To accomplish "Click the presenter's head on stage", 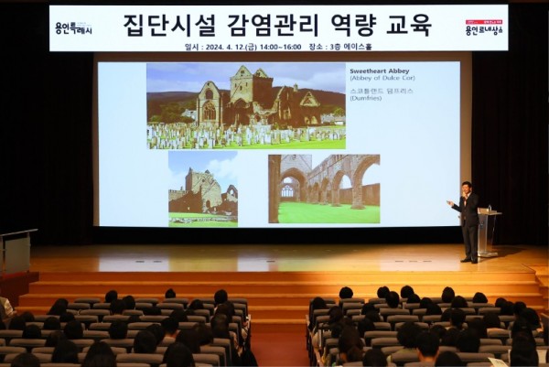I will tap(467, 187).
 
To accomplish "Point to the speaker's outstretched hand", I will tap(448, 202).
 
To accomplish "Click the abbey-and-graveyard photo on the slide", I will tap(246, 106).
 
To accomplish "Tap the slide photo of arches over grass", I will tap(323, 189).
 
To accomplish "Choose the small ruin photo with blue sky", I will tap(202, 189).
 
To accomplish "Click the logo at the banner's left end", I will tap(72, 28).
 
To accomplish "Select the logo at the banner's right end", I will tap(484, 28).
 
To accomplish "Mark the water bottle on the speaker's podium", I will tap(490, 209).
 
